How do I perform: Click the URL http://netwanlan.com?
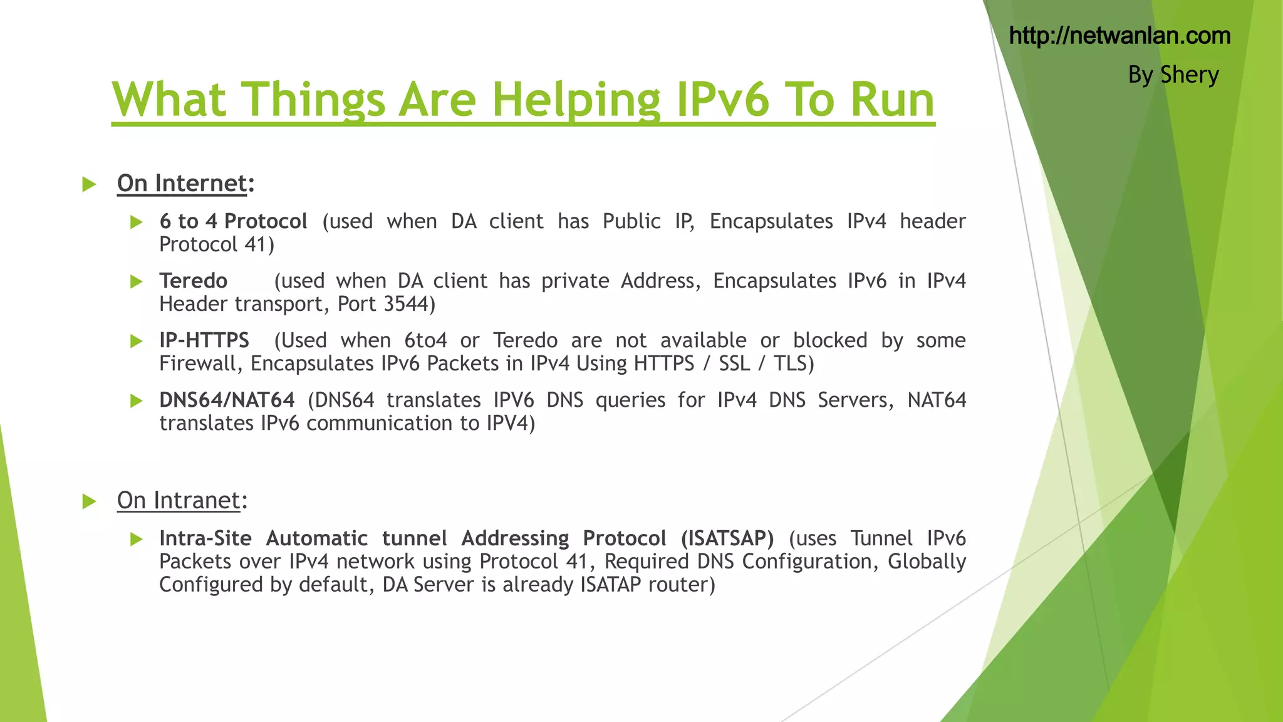click(x=1119, y=36)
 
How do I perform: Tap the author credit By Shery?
click(x=1173, y=75)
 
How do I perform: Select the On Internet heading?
click(x=185, y=183)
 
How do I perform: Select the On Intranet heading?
click(x=182, y=500)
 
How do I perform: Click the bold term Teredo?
click(x=193, y=280)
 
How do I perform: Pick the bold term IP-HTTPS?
click(x=204, y=340)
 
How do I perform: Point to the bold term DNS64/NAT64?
click(x=227, y=399)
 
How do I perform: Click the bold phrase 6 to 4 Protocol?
click(x=233, y=221)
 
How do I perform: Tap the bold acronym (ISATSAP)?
click(x=727, y=538)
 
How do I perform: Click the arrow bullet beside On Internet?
click(x=89, y=184)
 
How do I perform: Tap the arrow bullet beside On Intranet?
click(x=89, y=501)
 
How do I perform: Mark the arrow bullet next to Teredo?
click(x=136, y=281)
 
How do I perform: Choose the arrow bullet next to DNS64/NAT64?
click(x=136, y=400)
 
